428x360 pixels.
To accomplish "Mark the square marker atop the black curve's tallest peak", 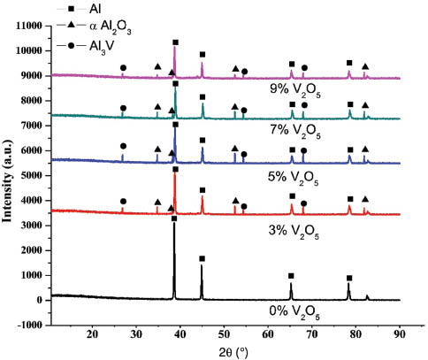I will tap(174, 218).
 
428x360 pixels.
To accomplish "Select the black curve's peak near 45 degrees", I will tap(202, 267).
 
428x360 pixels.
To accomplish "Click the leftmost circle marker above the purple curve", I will tap(123, 67).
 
